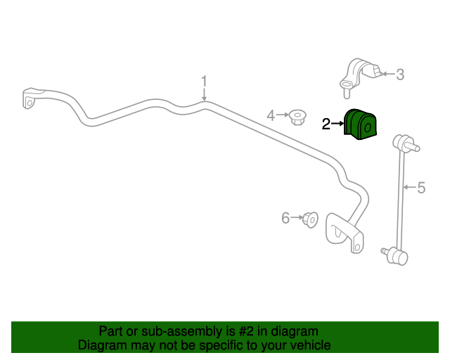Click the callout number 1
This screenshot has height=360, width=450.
point(204,82)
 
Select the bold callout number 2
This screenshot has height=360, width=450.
point(326,124)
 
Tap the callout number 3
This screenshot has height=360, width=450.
point(400,75)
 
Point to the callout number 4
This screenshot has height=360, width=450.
point(271,115)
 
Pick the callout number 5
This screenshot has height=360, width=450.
point(421,188)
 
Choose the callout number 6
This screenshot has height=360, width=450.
point(285,218)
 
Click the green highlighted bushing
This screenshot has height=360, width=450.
point(360,124)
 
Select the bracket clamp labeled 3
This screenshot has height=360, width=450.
point(361,75)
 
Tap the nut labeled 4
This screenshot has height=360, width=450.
point(297,117)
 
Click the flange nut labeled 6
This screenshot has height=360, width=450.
point(310,220)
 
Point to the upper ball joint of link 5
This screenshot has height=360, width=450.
point(406,143)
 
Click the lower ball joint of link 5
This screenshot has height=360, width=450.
point(395,256)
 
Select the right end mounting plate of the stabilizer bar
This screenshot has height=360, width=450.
point(345,233)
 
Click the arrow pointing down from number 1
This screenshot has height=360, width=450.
point(204,94)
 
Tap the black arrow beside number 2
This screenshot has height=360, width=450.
point(337,124)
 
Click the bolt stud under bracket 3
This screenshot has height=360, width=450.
point(347,94)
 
